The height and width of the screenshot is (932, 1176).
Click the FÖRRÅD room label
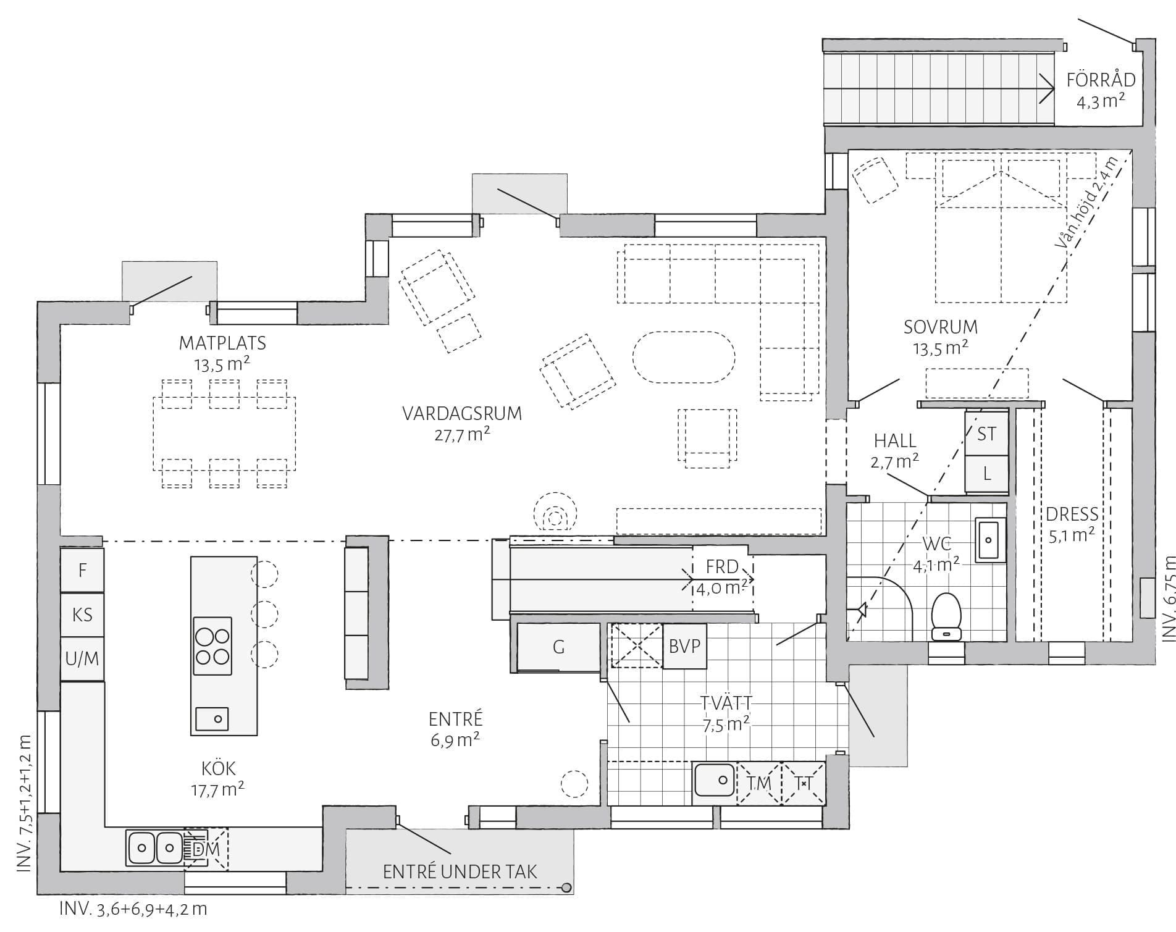[1101, 80]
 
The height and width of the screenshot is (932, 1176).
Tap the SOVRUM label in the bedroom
[941, 326]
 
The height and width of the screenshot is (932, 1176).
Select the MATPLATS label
[222, 342]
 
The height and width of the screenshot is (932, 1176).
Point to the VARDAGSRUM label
[462, 413]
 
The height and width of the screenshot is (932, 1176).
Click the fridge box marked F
[82, 569]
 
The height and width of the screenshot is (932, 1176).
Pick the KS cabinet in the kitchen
[82, 615]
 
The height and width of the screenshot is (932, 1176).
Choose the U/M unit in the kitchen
[82, 658]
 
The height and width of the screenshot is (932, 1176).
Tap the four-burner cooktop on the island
[212, 645]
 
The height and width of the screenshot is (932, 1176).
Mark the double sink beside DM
[155, 847]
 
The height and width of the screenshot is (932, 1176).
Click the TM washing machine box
[759, 783]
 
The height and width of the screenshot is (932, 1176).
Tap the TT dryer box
[804, 783]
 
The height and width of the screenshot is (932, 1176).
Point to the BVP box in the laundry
[684, 646]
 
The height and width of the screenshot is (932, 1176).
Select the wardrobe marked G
[558, 647]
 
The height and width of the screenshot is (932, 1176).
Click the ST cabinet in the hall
[986, 434]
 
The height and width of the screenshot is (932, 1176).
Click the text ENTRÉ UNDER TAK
[460, 871]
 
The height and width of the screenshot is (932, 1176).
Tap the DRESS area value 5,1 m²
[1072, 535]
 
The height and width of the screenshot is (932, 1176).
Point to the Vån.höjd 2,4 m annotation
[1086, 204]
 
